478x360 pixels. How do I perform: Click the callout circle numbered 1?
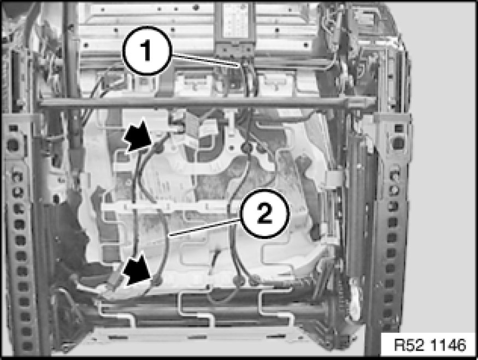147,51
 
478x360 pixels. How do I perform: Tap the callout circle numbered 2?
264,213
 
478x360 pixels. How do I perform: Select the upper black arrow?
138,136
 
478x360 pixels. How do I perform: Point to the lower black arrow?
138,270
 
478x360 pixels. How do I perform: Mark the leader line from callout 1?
205,60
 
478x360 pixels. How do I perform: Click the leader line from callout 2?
205,227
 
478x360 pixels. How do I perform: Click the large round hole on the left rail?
13,145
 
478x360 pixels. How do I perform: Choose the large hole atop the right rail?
398,143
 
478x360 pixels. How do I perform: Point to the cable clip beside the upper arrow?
158,149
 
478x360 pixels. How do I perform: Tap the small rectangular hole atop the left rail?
13,128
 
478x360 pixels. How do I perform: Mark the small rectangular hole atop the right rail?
398,128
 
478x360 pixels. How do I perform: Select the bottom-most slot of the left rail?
27,346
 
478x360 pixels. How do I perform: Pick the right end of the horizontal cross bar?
374,102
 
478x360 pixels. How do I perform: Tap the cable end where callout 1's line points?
241,66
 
